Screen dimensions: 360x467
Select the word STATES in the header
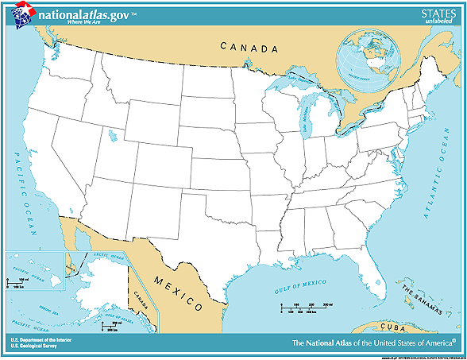438,12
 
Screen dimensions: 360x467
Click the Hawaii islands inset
36,266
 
